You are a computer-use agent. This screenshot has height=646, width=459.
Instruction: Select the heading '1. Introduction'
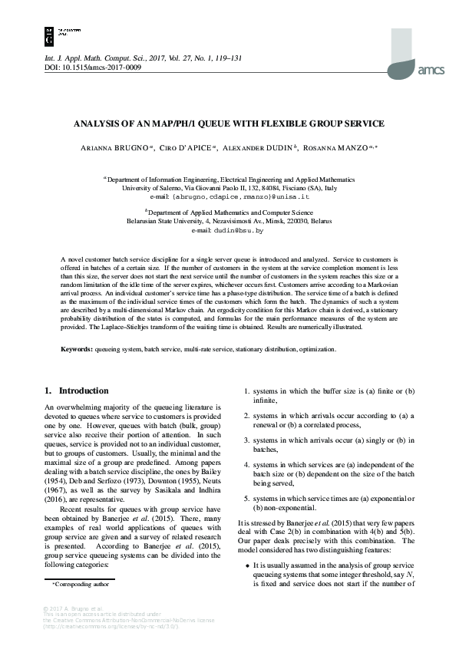(x=77, y=391)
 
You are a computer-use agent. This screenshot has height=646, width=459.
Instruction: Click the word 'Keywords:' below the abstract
(x=78, y=349)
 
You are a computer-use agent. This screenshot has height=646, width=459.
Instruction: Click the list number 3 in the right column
(x=246, y=440)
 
